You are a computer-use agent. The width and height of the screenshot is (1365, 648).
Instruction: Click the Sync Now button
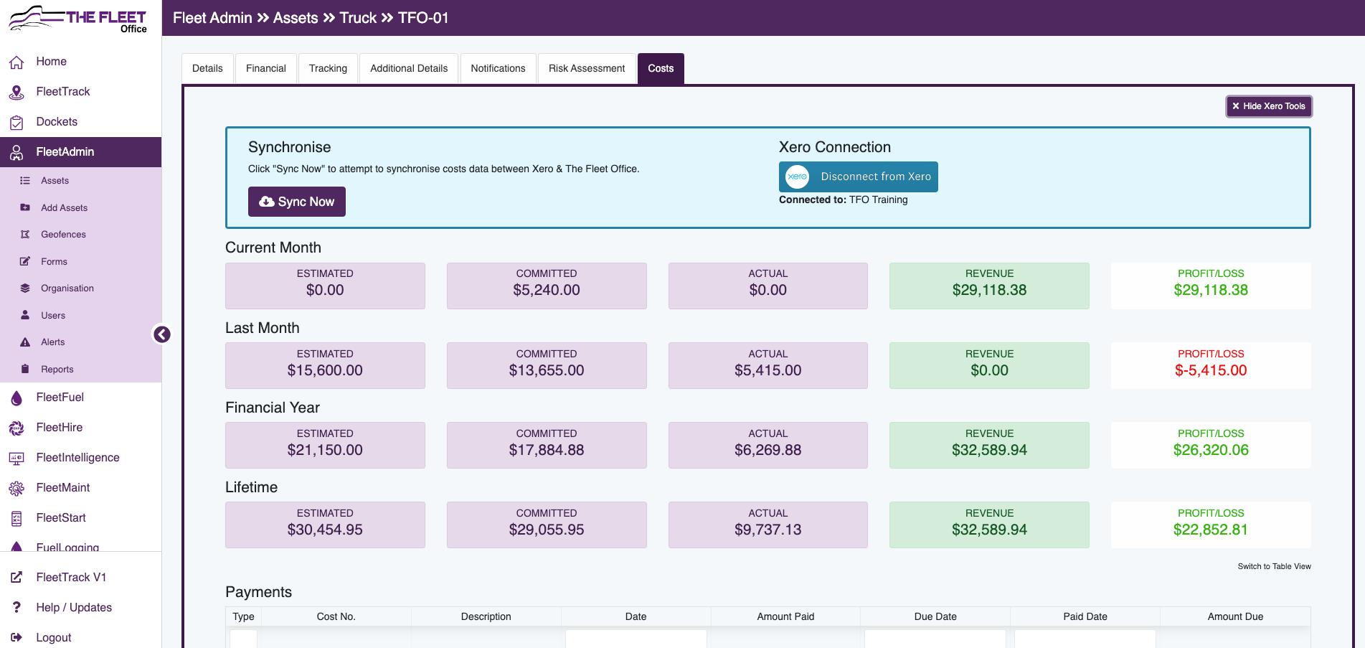point(296,202)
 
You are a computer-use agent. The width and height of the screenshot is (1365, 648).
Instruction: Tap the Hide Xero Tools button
point(1269,106)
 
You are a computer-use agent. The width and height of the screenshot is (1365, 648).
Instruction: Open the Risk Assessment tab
point(586,69)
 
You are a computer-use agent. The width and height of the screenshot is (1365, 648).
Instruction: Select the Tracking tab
point(328,69)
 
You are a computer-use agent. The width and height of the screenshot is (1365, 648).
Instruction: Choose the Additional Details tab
point(408,69)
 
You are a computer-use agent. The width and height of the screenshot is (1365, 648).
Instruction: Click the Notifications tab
point(498,69)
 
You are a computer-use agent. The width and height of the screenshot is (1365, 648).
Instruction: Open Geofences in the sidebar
point(63,235)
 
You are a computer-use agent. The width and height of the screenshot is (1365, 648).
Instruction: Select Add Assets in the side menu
point(64,208)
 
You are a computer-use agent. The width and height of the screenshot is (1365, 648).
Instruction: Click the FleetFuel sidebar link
point(60,398)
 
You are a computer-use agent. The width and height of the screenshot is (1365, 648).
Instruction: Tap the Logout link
point(53,637)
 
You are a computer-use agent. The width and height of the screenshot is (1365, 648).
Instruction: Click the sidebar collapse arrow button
point(162,334)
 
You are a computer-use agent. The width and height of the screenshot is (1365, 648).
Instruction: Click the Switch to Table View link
point(1274,567)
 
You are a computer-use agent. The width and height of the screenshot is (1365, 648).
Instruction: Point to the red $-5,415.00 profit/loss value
point(1210,371)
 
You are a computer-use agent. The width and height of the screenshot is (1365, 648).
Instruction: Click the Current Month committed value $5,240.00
point(546,291)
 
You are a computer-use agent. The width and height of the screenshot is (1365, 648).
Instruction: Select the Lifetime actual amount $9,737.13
point(767,530)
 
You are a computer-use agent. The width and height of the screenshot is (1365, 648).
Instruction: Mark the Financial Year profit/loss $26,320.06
point(1210,451)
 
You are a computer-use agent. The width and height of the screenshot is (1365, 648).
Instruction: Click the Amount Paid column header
point(785,617)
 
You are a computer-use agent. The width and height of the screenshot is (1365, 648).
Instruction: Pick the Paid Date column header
point(1085,617)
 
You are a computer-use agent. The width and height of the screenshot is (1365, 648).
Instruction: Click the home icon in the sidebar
point(16,62)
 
